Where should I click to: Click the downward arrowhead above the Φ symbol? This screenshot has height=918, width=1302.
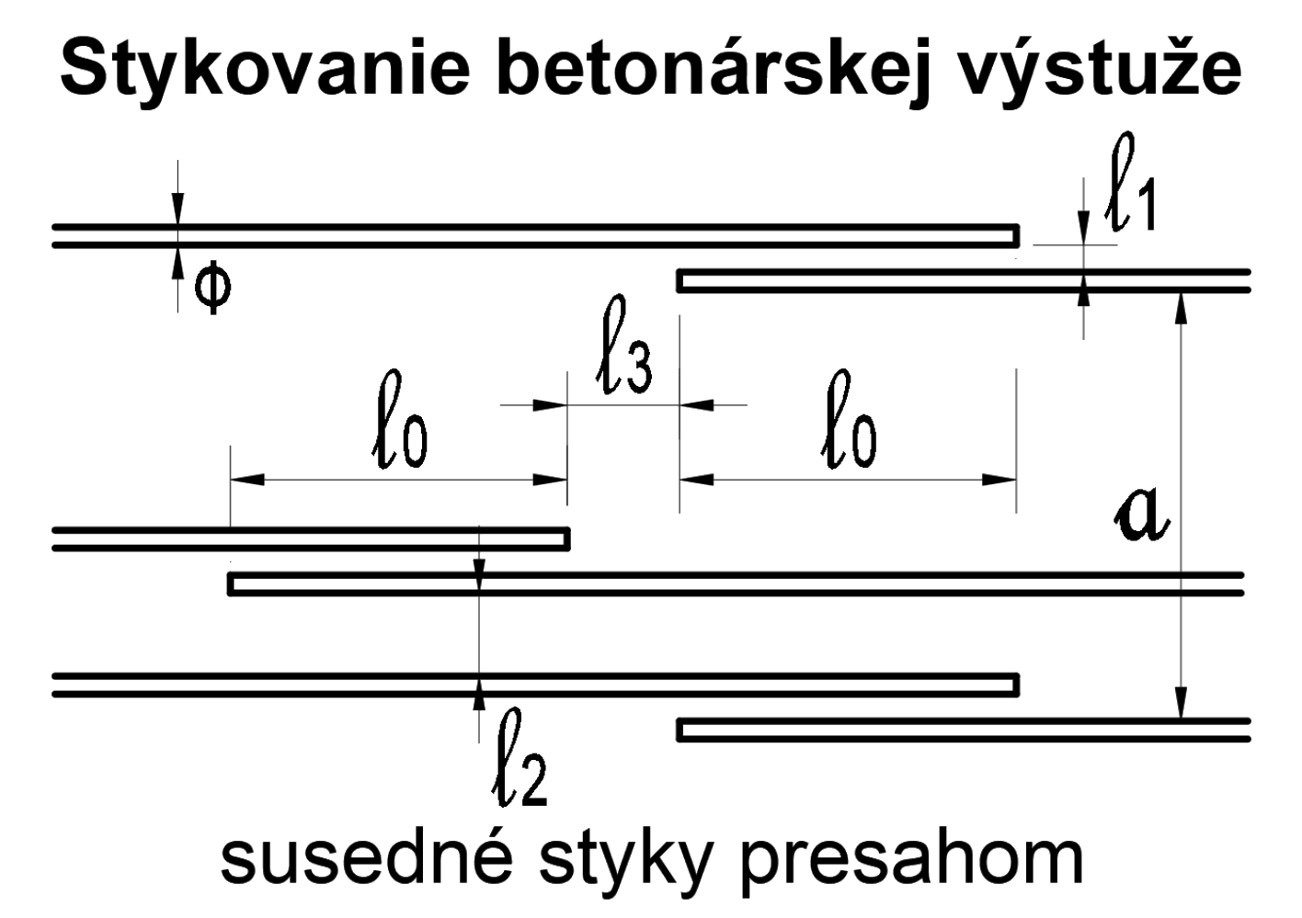(177, 210)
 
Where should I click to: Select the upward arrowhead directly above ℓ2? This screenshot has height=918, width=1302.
(478, 696)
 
